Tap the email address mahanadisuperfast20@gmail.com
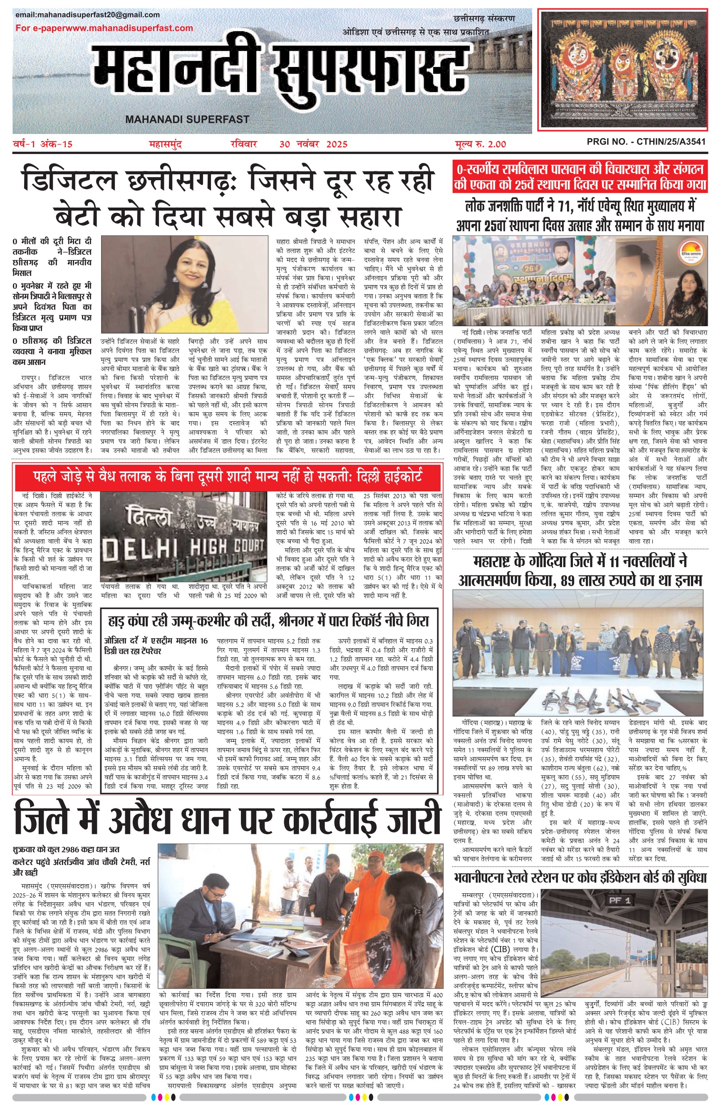coord(87,15)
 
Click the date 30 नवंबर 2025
coord(313,144)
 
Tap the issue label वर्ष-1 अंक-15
coord(43,144)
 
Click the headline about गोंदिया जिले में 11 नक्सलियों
coord(580,571)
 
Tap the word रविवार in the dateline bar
coord(244,144)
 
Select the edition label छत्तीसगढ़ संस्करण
coord(484,19)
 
